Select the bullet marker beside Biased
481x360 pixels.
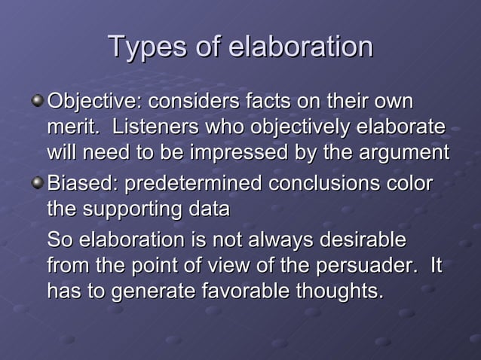click(38, 184)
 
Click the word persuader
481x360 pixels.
click(361, 267)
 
